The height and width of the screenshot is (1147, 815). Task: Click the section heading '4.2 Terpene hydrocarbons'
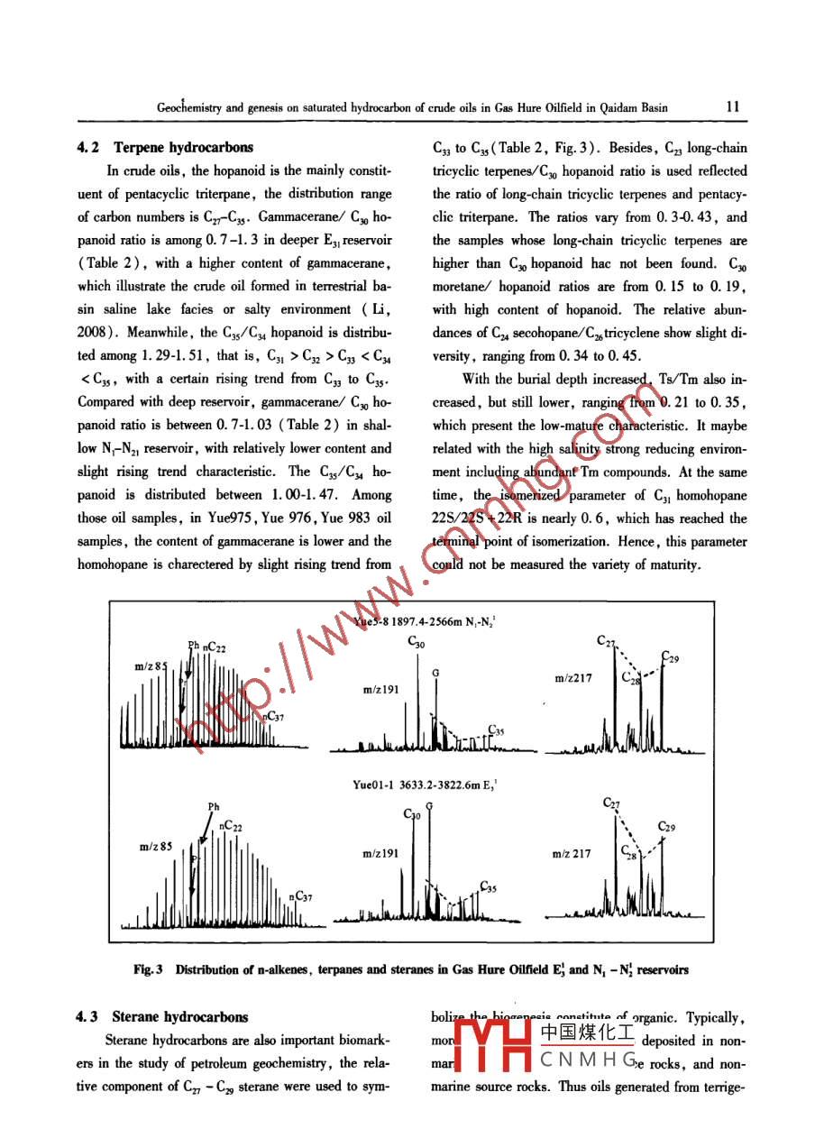click(x=164, y=147)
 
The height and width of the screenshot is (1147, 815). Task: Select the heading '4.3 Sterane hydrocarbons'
click(x=161, y=1016)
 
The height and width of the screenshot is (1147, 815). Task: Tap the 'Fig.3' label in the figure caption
click(x=147, y=969)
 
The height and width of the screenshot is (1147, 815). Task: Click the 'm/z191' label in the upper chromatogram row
click(x=381, y=690)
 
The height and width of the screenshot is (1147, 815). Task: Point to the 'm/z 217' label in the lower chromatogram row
click(x=572, y=854)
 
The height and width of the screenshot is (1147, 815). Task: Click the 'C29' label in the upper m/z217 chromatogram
click(x=671, y=658)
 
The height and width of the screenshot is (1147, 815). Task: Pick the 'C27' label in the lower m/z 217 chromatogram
click(x=610, y=803)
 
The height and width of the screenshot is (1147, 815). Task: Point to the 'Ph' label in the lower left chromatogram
click(x=214, y=806)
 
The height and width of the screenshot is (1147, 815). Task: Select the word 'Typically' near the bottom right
click(x=714, y=1017)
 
